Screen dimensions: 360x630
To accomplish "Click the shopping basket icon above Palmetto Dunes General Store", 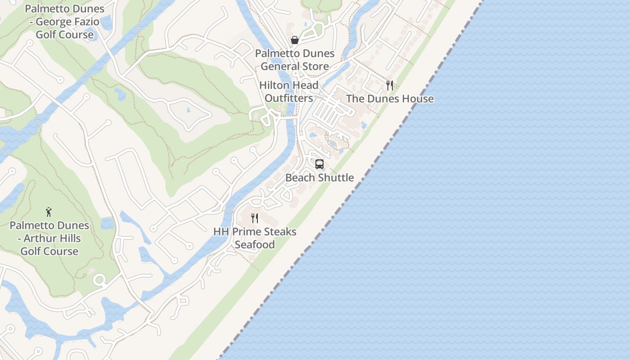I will click(295, 40).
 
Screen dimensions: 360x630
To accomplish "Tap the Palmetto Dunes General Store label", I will click(295, 60).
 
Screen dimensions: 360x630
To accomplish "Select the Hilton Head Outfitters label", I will click(289, 91).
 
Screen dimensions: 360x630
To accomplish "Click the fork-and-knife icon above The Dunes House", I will click(390, 85).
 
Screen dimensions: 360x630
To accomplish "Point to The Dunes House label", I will click(390, 99).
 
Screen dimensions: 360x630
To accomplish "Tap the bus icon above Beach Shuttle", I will click(319, 164).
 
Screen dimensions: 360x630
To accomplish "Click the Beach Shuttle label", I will click(319, 178).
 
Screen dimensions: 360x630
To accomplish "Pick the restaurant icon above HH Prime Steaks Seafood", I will click(255, 218).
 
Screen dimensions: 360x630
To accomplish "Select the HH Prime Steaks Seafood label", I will click(255, 238).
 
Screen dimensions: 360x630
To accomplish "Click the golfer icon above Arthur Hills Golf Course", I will click(49, 212).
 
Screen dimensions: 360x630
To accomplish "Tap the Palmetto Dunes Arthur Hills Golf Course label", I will click(49, 238).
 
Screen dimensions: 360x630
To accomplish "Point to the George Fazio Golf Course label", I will click(65, 22).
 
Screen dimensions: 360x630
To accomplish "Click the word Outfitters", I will click(289, 98).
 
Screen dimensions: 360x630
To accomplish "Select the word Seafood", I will click(255, 245).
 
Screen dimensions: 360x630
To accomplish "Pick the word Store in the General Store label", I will click(315, 67).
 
